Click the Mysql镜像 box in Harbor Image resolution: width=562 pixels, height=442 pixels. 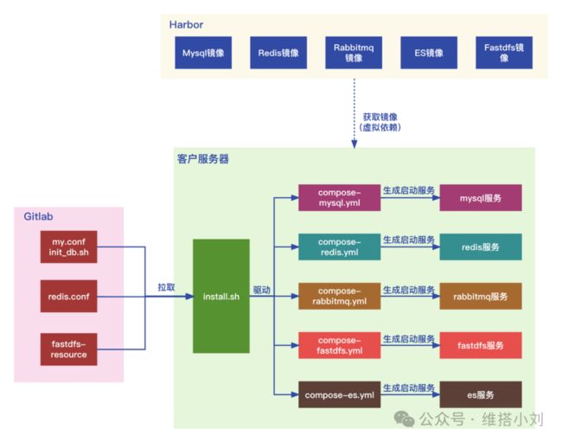[203, 53]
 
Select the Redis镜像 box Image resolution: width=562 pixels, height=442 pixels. [278, 53]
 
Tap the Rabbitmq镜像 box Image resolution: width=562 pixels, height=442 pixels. [354, 53]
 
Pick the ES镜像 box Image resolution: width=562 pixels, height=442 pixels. [429, 53]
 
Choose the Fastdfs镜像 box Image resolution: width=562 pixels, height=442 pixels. [504, 53]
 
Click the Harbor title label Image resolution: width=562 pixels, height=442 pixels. [186, 25]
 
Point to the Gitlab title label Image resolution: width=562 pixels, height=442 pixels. [38, 216]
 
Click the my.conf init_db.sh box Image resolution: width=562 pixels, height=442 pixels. [69, 247]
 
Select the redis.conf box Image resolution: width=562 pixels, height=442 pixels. [69, 296]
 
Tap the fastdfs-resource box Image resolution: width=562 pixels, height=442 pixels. [69, 349]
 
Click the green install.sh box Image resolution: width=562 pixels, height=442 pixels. [221, 296]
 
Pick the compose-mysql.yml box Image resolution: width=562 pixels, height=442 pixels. [340, 197]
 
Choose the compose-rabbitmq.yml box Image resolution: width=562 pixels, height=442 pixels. [340, 296]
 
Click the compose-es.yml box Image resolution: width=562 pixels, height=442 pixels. [340, 394]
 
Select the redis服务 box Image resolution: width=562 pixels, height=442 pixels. [481, 247]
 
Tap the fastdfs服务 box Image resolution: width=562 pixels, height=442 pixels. [481, 345]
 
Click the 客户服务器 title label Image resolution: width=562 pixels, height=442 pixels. [203, 159]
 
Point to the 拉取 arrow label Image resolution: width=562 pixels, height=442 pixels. [166, 287]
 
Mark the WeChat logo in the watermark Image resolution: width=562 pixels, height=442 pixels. [405, 419]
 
